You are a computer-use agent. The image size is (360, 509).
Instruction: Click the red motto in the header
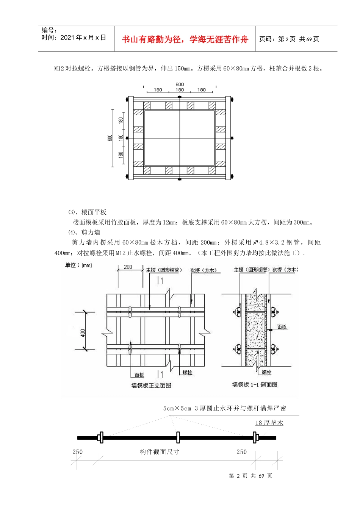point(185,39)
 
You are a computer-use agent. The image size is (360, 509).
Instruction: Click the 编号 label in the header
point(49,30)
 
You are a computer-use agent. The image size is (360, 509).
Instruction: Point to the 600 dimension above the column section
point(180,84)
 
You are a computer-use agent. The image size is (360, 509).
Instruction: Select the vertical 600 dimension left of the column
point(110,138)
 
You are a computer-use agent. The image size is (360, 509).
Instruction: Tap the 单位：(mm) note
point(78,265)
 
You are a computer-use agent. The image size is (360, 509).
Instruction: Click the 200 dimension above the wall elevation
point(128,267)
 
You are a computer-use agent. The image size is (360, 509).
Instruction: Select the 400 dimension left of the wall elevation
point(83,333)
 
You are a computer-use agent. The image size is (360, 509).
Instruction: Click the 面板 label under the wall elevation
point(139,375)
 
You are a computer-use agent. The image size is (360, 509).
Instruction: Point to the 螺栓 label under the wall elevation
point(187,372)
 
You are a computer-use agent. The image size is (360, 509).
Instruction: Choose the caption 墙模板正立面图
point(151,385)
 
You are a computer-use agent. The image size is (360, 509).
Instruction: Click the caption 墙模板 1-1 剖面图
point(255,384)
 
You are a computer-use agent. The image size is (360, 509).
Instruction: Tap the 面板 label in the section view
point(282,327)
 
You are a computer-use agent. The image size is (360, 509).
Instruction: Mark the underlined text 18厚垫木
point(269,423)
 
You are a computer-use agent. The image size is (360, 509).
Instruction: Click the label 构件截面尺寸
point(160,451)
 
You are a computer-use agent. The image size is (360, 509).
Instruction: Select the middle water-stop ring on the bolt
point(178,437)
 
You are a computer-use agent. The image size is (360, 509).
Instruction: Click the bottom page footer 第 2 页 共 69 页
point(250,476)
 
